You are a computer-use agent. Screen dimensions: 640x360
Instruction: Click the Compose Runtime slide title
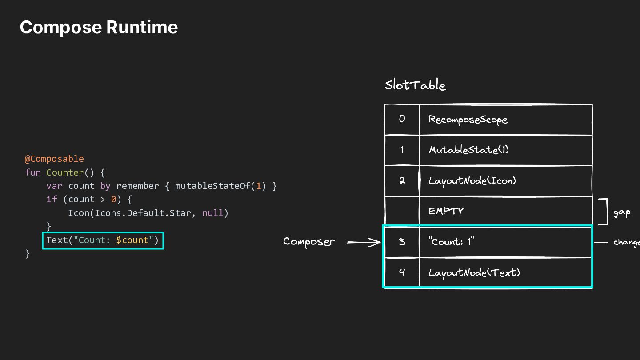pos(99,28)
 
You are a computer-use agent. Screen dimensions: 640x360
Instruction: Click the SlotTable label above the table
pos(415,85)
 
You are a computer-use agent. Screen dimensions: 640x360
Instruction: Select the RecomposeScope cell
pos(506,120)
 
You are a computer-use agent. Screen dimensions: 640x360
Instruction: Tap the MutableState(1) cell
pos(506,150)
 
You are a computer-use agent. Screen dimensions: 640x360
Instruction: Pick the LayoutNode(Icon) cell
pos(506,180)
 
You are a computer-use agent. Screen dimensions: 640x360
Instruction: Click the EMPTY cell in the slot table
pos(506,211)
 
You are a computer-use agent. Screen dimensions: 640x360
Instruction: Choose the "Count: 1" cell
pos(506,242)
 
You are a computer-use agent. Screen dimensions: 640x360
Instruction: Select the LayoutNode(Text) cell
pos(506,272)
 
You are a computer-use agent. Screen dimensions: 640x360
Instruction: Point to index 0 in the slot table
pos(402,119)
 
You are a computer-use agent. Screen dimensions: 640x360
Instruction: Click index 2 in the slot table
pos(402,180)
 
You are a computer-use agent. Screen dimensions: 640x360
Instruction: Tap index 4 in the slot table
pos(402,272)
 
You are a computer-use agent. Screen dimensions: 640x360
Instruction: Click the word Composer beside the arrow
pos(309,242)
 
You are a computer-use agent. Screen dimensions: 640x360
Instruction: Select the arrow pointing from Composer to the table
pos(364,242)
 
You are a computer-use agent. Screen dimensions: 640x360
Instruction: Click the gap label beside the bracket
pos(622,213)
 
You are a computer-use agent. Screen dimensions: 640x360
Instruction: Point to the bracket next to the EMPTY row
pos(607,212)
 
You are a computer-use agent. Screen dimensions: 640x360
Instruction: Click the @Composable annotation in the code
pos(54,159)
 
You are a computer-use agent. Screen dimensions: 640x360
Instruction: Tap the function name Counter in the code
pos(65,172)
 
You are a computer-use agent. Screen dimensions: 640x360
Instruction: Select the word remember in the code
pos(137,186)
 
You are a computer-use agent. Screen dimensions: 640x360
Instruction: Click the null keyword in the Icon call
pos(213,213)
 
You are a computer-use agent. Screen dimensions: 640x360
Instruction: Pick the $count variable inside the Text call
pos(132,240)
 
